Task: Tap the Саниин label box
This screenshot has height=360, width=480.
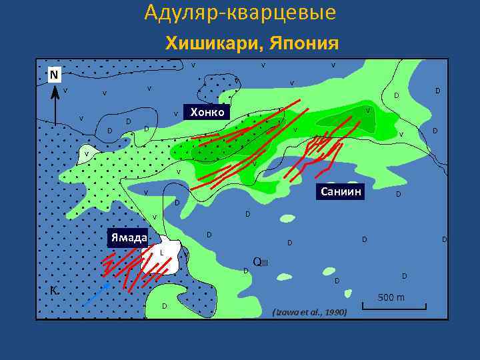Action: click(x=341, y=192)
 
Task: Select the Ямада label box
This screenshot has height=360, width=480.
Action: click(x=129, y=237)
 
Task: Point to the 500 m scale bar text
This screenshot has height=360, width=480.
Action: click(x=391, y=297)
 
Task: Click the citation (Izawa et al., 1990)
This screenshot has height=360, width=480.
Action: click(x=310, y=311)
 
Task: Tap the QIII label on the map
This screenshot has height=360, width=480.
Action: click(x=260, y=261)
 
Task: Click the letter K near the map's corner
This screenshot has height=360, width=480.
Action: click(x=53, y=290)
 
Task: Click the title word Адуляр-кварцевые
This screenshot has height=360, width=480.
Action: click(x=240, y=13)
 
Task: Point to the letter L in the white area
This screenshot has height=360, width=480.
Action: click(x=161, y=253)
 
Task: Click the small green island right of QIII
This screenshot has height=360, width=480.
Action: click(x=328, y=271)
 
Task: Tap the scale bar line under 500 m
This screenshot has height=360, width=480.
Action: click(x=394, y=307)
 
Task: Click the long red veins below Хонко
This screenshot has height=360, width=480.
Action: click(x=233, y=150)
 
